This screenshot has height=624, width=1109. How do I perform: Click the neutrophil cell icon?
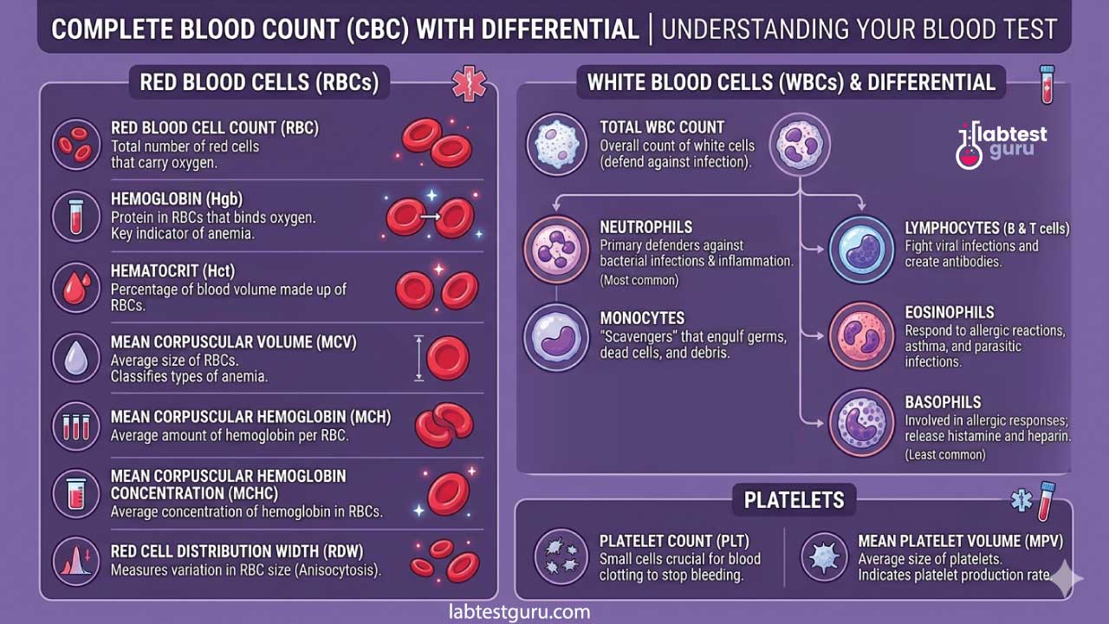click(x=556, y=248)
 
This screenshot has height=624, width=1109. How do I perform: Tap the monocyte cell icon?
click(x=556, y=337)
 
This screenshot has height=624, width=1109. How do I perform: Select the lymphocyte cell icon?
click(x=861, y=248)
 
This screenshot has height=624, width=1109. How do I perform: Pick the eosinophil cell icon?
click(x=861, y=337)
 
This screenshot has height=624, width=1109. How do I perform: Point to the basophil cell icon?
click(x=861, y=423)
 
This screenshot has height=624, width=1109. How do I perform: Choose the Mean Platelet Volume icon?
click(x=823, y=556)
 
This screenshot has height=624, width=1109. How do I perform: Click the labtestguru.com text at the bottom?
click(x=520, y=612)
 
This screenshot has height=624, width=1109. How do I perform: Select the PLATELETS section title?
click(x=794, y=500)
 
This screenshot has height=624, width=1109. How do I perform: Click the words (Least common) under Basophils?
click(x=945, y=455)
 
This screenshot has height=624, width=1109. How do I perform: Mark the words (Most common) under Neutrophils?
click(x=639, y=280)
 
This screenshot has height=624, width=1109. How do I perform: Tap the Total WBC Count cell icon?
click(x=556, y=144)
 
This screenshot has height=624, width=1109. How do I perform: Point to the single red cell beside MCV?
click(x=448, y=358)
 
